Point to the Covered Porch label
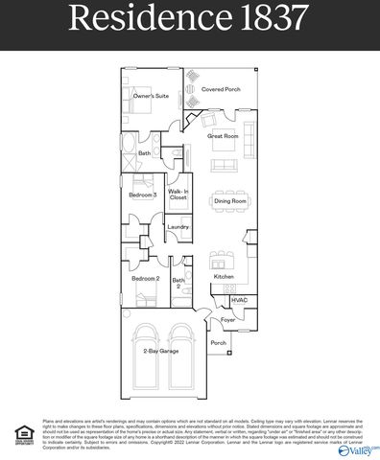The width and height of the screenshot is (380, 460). point(221,89)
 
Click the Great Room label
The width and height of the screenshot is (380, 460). point(223,136)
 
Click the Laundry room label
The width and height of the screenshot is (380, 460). point(178,227)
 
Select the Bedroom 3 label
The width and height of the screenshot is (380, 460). point(143,195)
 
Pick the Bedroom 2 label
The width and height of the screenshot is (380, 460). point(145,277)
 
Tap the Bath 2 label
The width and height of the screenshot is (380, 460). point(178,282)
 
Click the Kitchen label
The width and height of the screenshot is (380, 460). point(224,277)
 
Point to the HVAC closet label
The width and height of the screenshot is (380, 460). point(240,300)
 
